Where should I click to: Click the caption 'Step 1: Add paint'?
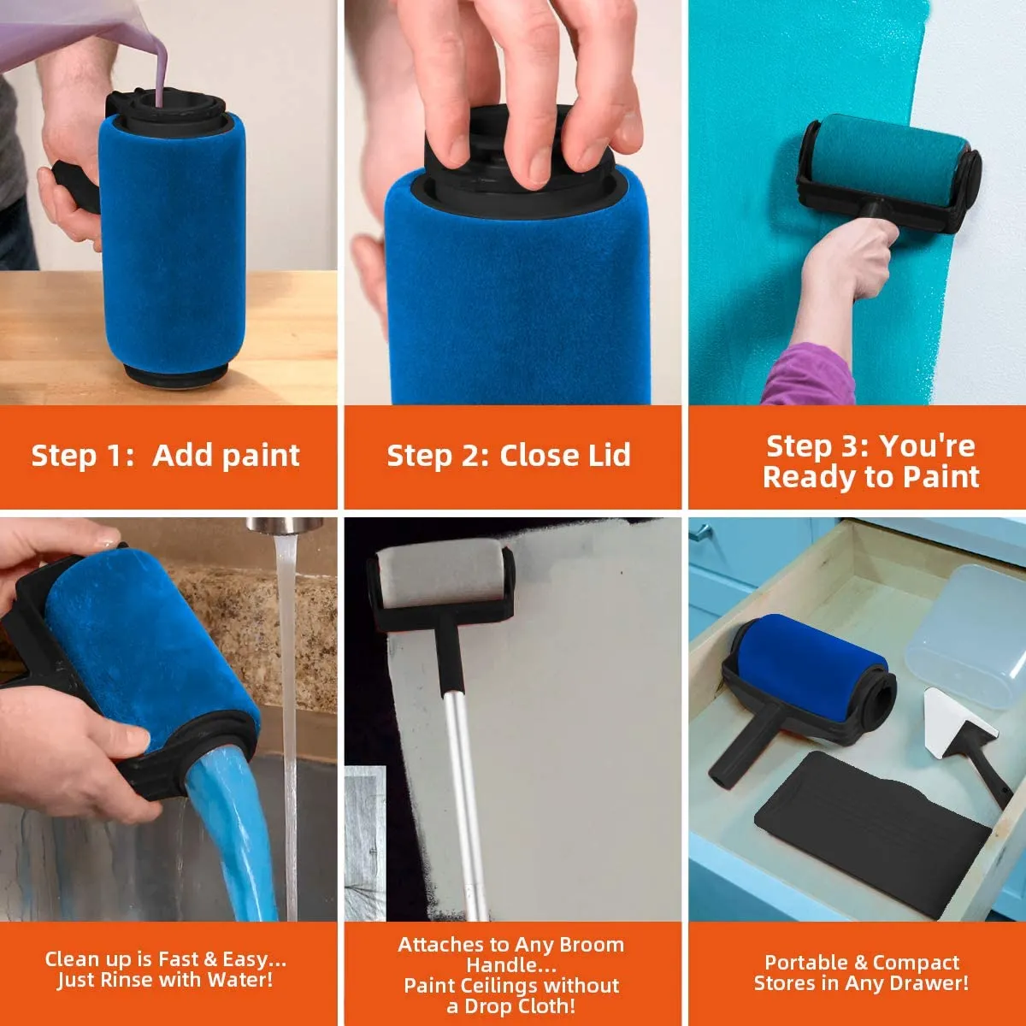[x=165, y=456]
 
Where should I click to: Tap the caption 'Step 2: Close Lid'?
[x=509, y=456]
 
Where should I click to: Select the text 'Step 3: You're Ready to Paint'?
[x=870, y=462]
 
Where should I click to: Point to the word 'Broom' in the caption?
[x=592, y=945]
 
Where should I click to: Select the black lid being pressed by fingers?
[x=513, y=167]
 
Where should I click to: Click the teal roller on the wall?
[x=889, y=158]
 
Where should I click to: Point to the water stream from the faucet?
[x=287, y=684]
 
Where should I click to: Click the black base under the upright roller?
[x=175, y=371]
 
